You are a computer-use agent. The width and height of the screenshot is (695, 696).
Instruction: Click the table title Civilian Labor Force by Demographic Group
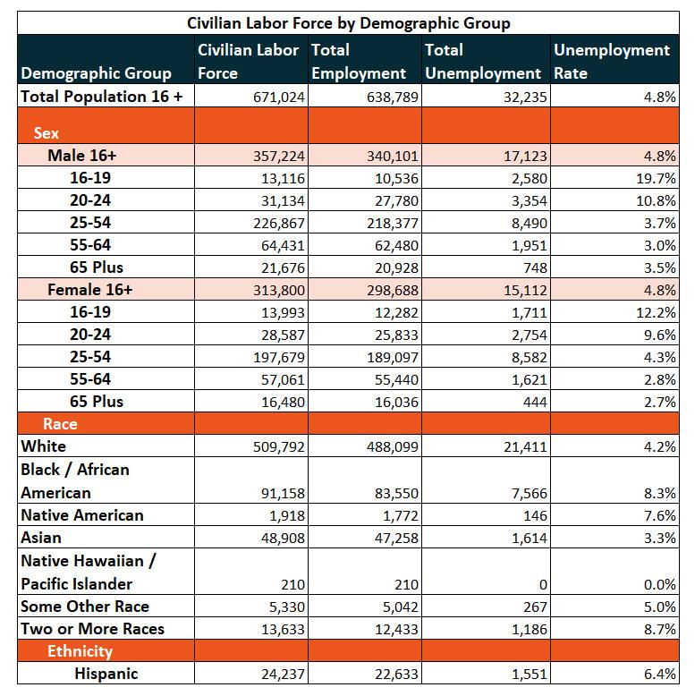point(348,23)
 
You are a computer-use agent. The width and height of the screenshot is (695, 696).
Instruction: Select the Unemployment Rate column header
point(612,61)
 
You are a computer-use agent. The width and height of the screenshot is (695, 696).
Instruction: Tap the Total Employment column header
point(359,61)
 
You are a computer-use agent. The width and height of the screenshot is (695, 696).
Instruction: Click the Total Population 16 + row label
point(102,97)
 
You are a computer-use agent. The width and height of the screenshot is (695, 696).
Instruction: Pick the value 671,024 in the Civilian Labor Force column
point(279,98)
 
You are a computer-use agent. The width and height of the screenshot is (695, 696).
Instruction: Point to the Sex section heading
point(47,133)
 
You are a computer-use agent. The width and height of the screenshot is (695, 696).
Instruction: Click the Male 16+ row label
point(81,156)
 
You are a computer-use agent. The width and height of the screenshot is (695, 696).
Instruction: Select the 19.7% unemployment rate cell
point(656,178)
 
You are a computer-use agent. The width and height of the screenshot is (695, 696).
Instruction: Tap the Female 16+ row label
point(89,290)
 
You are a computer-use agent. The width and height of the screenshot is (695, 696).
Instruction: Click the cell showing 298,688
point(393,290)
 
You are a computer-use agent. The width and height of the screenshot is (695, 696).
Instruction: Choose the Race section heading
point(60,424)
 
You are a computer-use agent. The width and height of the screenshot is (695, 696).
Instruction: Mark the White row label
point(43,446)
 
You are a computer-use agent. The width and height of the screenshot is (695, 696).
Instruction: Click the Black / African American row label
point(75,481)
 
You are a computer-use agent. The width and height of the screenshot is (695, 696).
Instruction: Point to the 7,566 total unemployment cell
point(529,494)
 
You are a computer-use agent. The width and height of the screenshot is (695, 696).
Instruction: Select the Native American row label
point(82,515)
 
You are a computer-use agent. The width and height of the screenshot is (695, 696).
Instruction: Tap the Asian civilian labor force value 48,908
point(283,538)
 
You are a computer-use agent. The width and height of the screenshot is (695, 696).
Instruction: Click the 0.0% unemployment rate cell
point(660,584)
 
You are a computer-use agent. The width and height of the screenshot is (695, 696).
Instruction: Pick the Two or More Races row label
point(92,629)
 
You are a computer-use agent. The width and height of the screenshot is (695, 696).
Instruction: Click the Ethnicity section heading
point(80,651)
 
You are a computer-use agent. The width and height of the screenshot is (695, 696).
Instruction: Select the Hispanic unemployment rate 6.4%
point(660,674)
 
